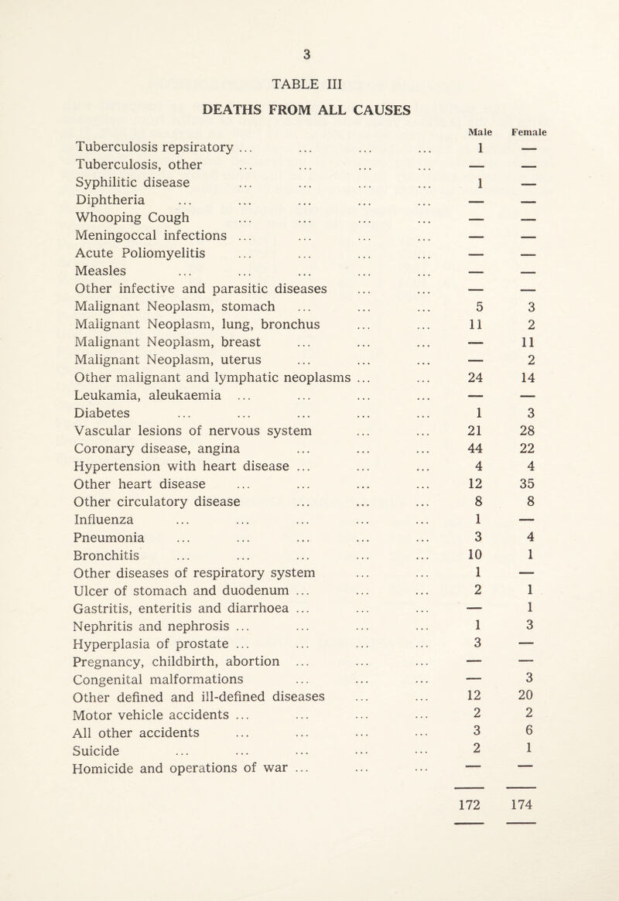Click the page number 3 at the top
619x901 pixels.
(x=309, y=53)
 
